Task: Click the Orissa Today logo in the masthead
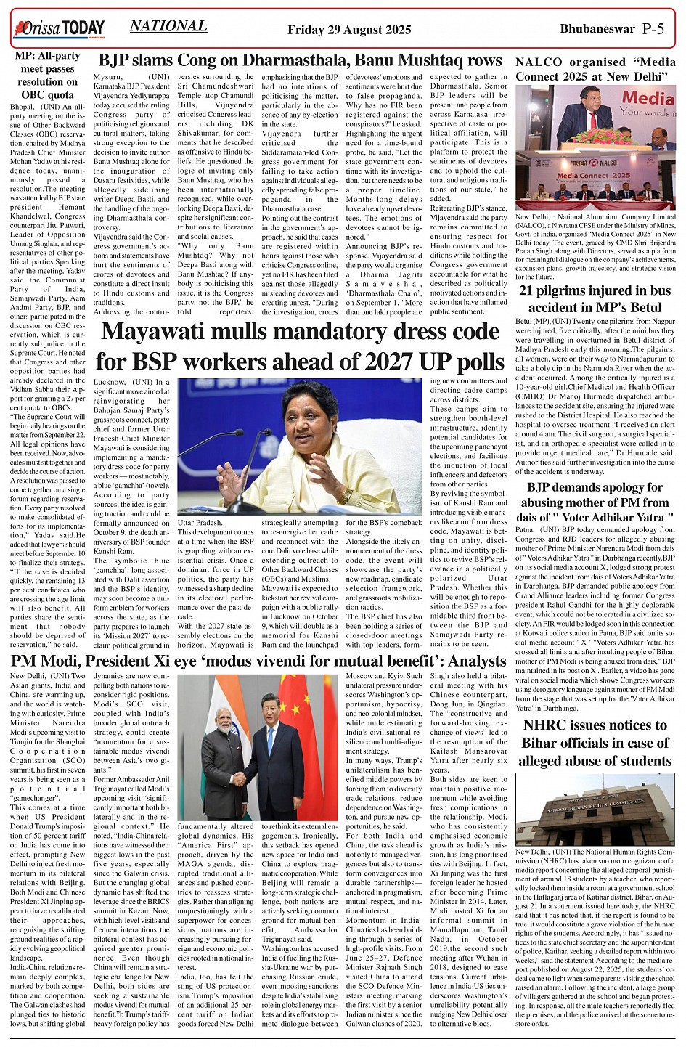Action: (59, 28)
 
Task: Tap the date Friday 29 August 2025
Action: (349, 30)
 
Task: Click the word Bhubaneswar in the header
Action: (596, 29)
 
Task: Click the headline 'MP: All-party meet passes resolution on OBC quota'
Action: (48, 76)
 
